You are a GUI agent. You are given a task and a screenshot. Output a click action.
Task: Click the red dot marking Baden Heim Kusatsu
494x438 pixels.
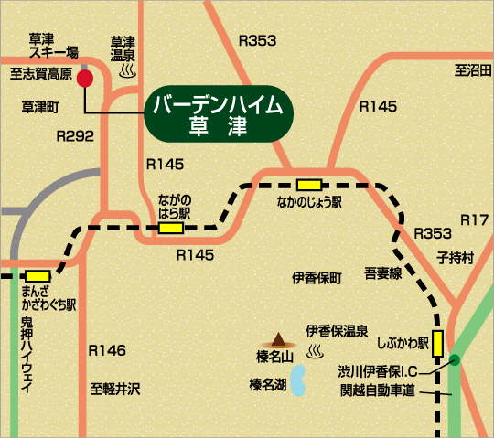pyautogui.click(x=85, y=79)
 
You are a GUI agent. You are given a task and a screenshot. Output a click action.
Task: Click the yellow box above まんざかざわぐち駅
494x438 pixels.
pyautogui.click(x=38, y=274)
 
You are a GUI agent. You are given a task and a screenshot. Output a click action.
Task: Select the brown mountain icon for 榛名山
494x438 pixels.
pyautogui.click(x=274, y=339)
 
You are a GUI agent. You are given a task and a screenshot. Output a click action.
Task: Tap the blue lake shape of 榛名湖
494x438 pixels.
pyautogui.click(x=298, y=386)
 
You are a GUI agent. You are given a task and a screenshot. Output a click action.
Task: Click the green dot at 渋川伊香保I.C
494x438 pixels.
pyautogui.click(x=454, y=361)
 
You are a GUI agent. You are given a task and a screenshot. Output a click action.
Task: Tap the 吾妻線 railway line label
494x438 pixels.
pyautogui.click(x=383, y=272)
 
